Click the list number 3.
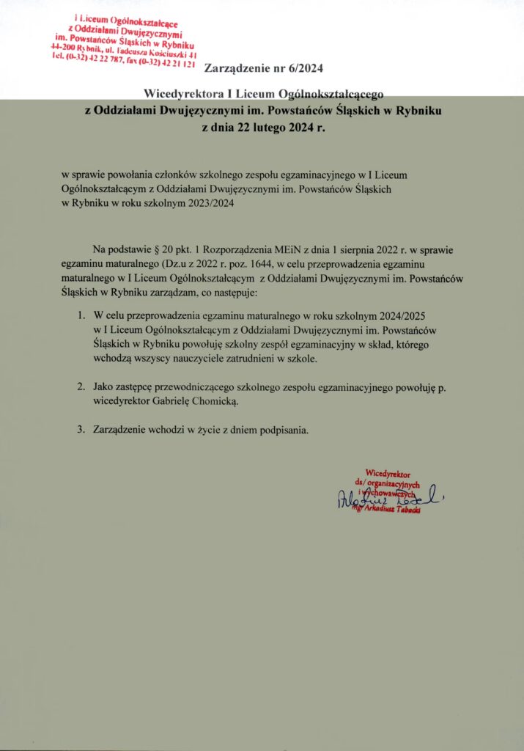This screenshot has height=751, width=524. click(x=81, y=430)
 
